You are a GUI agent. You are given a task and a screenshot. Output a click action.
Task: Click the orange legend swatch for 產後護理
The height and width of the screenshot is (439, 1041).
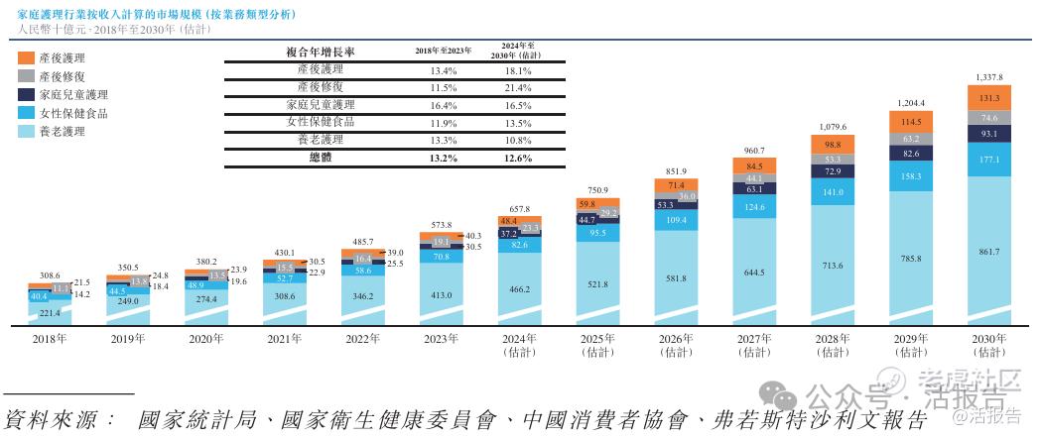tap(27, 58)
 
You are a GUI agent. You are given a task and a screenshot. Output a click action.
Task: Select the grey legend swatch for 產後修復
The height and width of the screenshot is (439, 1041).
tap(27, 76)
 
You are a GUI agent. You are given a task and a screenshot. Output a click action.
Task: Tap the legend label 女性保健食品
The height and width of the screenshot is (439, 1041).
tap(72, 113)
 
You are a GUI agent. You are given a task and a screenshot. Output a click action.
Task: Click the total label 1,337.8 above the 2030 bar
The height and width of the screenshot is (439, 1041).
tap(988, 76)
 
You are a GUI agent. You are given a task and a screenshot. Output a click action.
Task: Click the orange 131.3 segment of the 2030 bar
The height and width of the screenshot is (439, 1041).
tap(988, 98)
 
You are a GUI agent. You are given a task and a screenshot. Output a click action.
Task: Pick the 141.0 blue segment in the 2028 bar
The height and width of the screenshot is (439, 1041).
tap(831, 192)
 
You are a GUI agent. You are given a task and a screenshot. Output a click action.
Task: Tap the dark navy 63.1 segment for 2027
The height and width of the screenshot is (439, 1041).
tap(753, 188)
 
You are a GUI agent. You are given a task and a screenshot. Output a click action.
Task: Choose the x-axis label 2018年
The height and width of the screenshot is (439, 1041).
tap(49, 338)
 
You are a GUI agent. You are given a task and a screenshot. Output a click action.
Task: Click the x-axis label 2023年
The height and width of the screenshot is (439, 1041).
tap(441, 338)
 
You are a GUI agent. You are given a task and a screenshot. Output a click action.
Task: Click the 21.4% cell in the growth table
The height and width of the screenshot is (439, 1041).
tap(516, 88)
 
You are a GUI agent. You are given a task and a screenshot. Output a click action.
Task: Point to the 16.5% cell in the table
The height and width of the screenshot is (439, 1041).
tap(516, 105)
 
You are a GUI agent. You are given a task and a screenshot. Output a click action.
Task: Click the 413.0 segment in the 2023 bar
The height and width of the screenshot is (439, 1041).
tap(441, 294)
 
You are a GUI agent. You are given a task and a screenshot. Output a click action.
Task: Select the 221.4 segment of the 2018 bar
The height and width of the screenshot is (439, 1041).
tap(49, 313)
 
